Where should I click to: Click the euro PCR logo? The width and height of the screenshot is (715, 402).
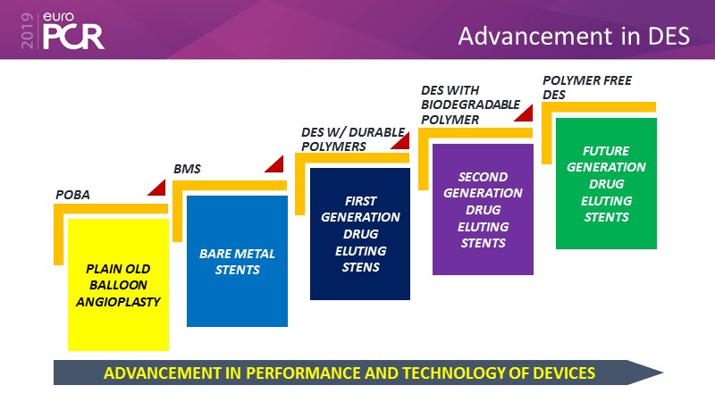tap(73, 30)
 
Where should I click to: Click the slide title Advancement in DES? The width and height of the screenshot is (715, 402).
tap(574, 36)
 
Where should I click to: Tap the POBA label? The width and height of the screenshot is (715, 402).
tap(72, 195)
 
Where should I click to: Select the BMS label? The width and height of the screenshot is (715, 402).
tap(187, 169)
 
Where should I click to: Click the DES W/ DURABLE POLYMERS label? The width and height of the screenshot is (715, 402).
tap(353, 139)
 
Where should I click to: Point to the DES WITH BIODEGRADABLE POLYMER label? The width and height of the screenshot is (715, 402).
tap(470, 105)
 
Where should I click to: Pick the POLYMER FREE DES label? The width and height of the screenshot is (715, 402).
tap(587, 88)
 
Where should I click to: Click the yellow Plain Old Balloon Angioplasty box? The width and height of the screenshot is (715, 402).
tap(119, 285)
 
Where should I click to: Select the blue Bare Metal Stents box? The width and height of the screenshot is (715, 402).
tap(237, 261)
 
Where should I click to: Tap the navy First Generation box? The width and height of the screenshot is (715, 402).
tap(360, 234)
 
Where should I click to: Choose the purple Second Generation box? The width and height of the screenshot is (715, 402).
tap(483, 209)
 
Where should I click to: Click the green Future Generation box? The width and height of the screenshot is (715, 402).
tap(606, 183)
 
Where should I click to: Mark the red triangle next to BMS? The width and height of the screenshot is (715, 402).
tap(276, 165)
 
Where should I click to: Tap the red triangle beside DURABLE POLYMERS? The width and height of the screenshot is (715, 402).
tap(402, 142)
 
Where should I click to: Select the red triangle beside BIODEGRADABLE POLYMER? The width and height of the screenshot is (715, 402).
tap(526, 114)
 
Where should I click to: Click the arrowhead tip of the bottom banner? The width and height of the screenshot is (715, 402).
tap(663, 373)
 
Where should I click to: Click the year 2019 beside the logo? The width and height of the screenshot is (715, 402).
tap(28, 30)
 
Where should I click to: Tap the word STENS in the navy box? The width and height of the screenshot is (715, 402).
tap(361, 267)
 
